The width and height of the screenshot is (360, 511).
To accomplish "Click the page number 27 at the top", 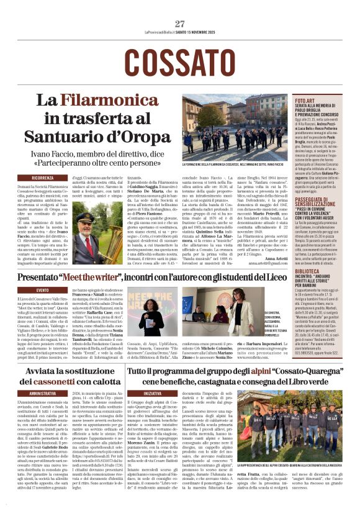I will click(180, 24).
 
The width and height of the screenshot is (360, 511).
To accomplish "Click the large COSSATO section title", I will click(179, 59).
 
